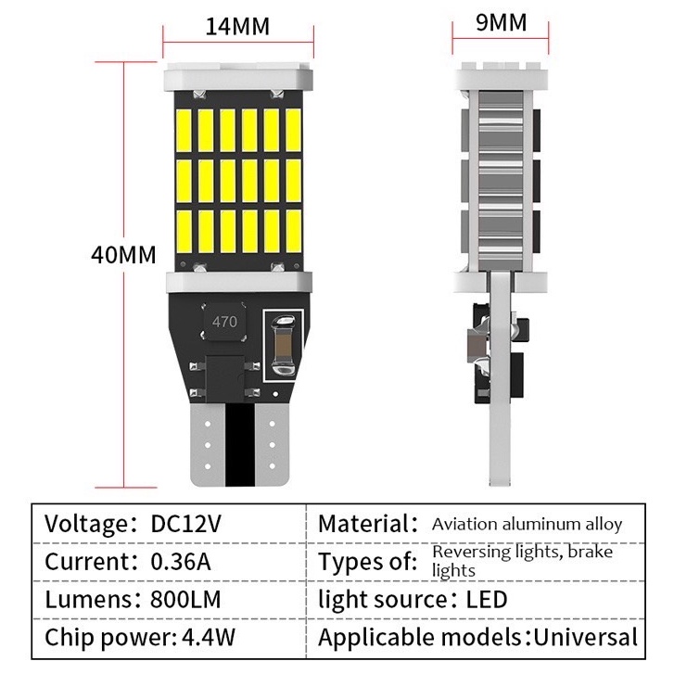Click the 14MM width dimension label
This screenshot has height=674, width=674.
(x=237, y=26)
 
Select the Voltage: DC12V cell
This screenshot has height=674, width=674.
(x=134, y=523)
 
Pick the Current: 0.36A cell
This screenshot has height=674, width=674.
(x=125, y=562)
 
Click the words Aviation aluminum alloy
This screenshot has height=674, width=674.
(x=528, y=524)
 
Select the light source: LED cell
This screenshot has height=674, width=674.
(x=413, y=599)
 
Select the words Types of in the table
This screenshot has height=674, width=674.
(x=366, y=562)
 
